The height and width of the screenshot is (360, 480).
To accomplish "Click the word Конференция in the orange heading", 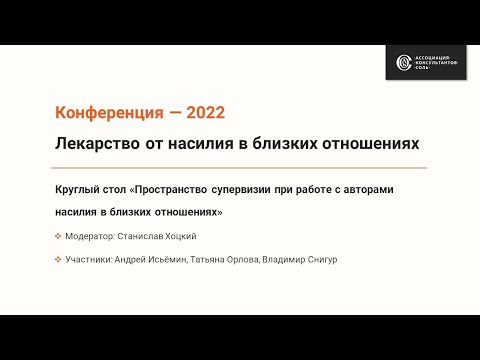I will click(103, 111).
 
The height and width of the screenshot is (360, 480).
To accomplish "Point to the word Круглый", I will click(81, 189).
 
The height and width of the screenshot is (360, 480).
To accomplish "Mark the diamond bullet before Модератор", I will click(59, 236).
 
